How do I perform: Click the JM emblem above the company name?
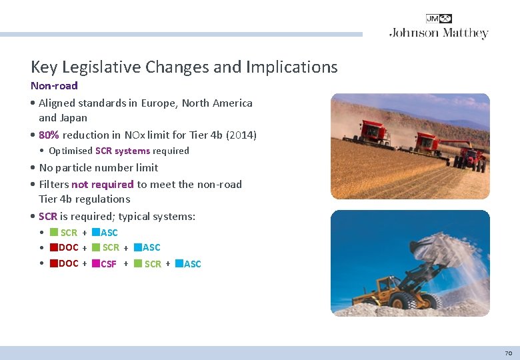click(439, 19)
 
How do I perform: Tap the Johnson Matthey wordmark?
click(439, 33)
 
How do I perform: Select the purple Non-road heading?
click(54, 86)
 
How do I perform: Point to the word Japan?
click(73, 118)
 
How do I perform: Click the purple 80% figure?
click(49, 135)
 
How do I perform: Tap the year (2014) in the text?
click(241, 135)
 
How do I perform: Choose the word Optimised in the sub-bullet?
click(71, 151)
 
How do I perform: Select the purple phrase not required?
click(103, 185)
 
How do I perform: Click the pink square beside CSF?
click(95, 263)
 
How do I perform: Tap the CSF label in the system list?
click(109, 264)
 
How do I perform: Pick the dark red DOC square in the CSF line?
click(54, 263)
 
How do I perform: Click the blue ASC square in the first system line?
click(95, 232)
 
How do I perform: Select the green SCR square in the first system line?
click(54, 232)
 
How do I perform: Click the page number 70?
click(508, 353)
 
